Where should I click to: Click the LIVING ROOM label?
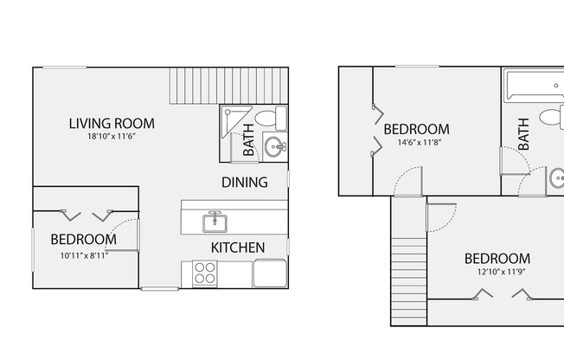click(112, 123)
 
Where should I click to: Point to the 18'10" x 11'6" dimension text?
click(112, 137)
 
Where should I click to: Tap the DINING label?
click(244, 183)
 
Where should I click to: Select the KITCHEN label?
click(238, 247)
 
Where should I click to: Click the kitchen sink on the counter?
click(214, 222)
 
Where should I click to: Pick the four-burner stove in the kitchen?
click(204, 273)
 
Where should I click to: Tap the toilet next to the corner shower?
click(271, 117)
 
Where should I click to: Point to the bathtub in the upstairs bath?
click(533, 87)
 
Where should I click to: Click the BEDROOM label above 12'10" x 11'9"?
click(497, 259)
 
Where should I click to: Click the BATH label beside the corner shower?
click(248, 141)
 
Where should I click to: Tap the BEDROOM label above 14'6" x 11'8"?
click(416, 129)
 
